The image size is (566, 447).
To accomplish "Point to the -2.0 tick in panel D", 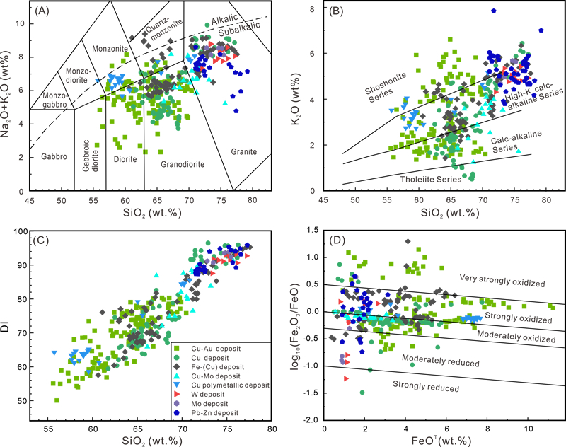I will (x=311, y=420).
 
